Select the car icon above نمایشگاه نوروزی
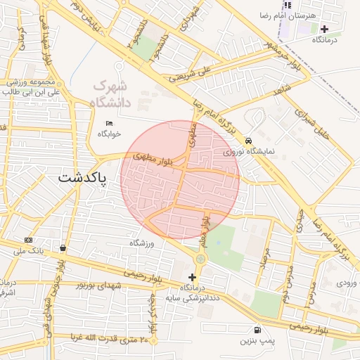[x=248, y=140]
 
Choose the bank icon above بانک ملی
[x=28, y=240]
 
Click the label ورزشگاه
[x=141, y=243]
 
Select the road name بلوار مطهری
[x=150, y=156]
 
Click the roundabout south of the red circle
[x=201, y=259]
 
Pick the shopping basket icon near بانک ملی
[x=64, y=247]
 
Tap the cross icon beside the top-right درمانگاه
[x=324, y=29]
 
